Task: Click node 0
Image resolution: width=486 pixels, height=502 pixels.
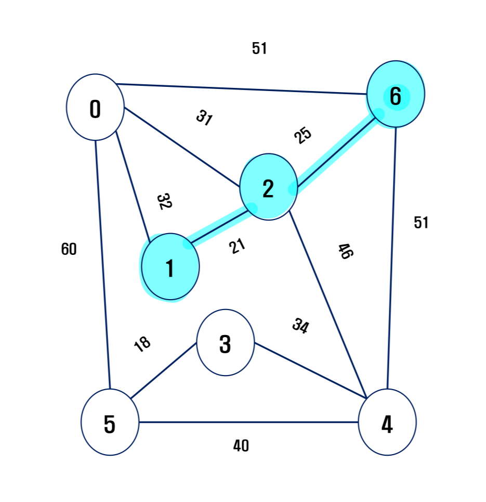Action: click(95, 107)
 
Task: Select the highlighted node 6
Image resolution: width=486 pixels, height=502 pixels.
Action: click(396, 94)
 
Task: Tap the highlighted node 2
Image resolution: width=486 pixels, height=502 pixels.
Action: click(268, 187)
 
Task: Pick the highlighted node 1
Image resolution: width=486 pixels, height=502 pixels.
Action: click(170, 267)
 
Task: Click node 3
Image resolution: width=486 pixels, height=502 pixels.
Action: click(225, 342)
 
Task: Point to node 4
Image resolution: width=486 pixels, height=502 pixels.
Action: click(387, 422)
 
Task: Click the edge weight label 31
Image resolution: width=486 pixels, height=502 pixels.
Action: click(204, 118)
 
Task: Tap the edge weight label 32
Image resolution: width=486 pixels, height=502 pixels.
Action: click(164, 201)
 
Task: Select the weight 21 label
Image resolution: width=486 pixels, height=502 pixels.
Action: click(237, 246)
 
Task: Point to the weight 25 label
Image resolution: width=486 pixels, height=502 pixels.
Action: click(303, 135)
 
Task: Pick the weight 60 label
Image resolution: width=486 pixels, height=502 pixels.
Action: click(69, 250)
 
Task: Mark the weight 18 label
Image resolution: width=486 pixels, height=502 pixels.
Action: click(142, 343)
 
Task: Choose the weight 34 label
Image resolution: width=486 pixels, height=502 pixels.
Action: click(300, 326)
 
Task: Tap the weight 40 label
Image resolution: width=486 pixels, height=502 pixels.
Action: click(241, 446)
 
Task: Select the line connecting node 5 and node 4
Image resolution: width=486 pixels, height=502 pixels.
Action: click(248, 422)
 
